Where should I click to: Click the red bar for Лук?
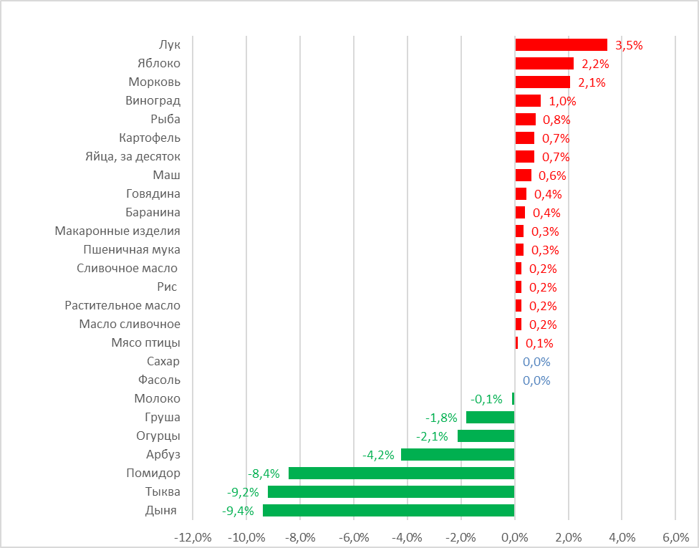click(x=561, y=45)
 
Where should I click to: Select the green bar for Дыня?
click(x=388, y=510)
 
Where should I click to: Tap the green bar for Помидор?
click(x=401, y=473)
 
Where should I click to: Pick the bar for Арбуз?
click(x=458, y=454)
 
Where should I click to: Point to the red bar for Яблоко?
click(x=544, y=64)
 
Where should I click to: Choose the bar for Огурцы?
click(x=486, y=436)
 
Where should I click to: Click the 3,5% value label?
click(x=629, y=45)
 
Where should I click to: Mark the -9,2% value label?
click(x=243, y=492)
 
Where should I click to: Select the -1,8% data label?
click(x=443, y=418)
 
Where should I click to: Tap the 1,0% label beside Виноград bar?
click(x=562, y=101)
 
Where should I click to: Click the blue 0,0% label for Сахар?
click(x=536, y=362)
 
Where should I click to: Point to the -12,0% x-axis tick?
click(x=193, y=537)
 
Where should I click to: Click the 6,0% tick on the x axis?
click(x=675, y=537)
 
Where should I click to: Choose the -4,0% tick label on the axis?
click(x=407, y=537)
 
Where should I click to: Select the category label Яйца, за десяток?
click(x=132, y=156)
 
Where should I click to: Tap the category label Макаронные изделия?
click(x=117, y=231)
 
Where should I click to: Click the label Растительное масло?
click(x=122, y=305)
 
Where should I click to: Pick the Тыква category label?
click(x=163, y=491)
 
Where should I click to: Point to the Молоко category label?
click(x=158, y=398)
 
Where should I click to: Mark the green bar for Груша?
click(x=490, y=417)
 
